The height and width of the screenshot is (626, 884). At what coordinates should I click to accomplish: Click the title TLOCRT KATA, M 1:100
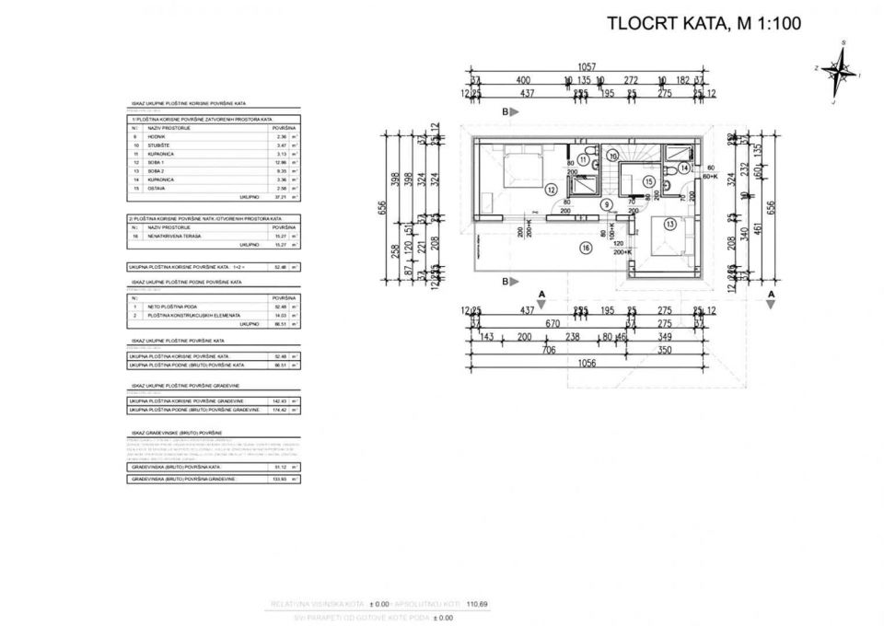click(704, 25)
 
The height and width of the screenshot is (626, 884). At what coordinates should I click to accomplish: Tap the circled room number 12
click(551, 190)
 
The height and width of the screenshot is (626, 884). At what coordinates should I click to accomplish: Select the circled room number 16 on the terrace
click(585, 247)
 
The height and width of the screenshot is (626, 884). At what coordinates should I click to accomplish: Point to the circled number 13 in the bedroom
click(669, 224)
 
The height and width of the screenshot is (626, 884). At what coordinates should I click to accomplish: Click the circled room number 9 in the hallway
click(607, 204)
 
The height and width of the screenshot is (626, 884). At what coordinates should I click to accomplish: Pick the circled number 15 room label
click(648, 182)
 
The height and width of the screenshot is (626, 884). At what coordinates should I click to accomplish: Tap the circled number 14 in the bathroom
click(684, 168)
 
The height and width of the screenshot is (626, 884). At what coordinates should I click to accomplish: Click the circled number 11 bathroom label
click(583, 159)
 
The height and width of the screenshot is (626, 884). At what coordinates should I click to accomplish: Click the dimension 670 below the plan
click(552, 324)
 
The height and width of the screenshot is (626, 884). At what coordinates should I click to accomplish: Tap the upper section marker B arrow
click(508, 110)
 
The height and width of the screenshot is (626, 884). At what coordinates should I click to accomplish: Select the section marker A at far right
click(771, 295)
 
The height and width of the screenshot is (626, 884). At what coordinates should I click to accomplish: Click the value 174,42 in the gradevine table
click(282, 410)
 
